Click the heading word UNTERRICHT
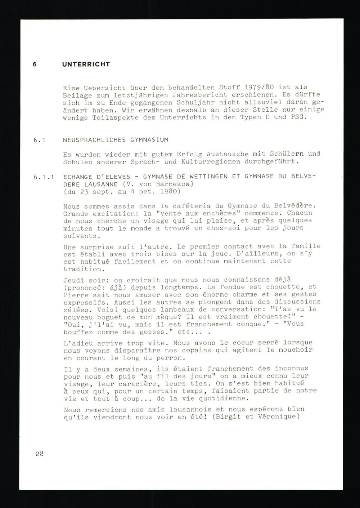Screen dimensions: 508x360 click(x=86, y=64)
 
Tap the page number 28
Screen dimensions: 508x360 click(x=40, y=454)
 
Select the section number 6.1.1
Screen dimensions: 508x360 click(x=44, y=177)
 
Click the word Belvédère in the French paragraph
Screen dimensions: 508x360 click(x=294, y=206)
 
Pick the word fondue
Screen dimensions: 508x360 click(x=244, y=287)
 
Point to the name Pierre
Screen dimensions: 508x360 click(x=75, y=295)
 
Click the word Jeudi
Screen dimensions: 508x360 click(x=73, y=280)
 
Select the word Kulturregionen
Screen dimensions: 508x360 click(x=212, y=162)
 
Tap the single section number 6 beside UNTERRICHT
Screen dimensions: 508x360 click(x=35, y=64)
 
